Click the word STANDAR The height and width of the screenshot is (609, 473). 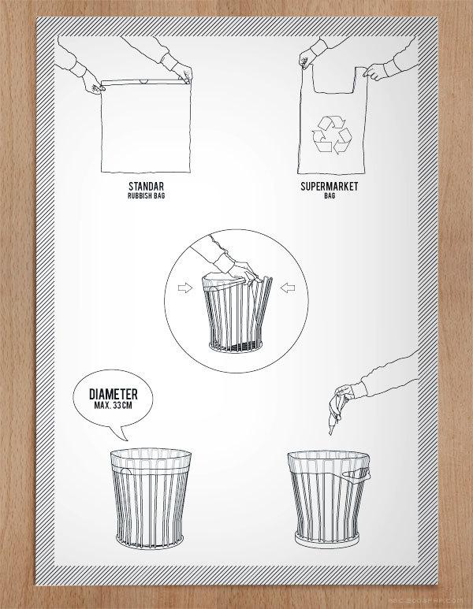click(146, 187)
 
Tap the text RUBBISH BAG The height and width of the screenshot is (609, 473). click(146, 195)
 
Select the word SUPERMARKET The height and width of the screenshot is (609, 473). click(330, 187)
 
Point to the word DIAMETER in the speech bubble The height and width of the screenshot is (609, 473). click(114, 394)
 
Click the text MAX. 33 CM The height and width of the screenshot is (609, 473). click(113, 406)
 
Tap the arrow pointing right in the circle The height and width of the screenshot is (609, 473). click(185, 288)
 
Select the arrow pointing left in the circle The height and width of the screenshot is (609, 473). click(288, 288)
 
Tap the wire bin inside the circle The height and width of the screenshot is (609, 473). click(236, 314)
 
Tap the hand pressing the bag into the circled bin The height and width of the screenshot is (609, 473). click(244, 271)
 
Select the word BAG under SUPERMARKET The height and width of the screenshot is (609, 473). click(330, 195)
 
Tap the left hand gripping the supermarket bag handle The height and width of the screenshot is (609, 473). click(306, 61)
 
